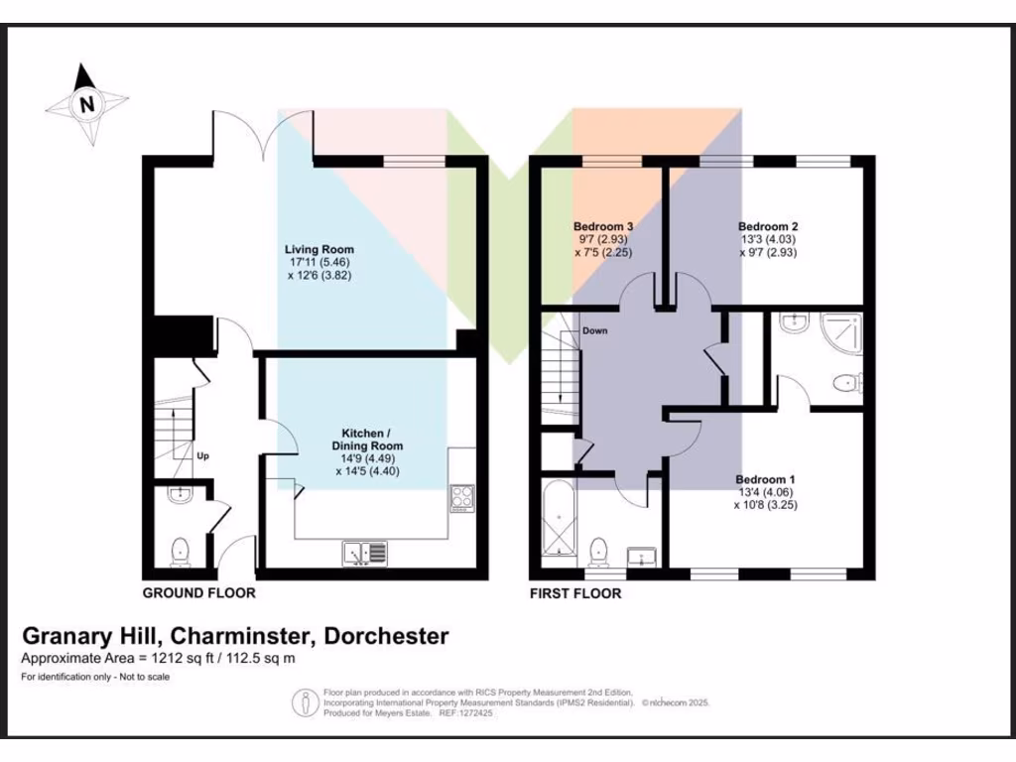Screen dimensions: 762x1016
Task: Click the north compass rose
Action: coord(87,102)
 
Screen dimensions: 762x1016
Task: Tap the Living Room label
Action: coord(318,249)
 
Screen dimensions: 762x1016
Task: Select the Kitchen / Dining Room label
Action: coord(372,441)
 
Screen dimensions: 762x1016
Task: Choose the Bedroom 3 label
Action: coord(603,226)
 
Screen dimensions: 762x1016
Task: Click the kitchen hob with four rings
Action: coord(462,496)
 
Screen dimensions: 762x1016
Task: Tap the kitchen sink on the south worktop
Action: coord(364,552)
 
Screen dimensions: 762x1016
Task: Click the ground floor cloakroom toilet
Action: coord(180,551)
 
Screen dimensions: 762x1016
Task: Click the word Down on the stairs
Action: coord(594,330)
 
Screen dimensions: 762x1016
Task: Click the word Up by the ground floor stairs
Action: coord(202,456)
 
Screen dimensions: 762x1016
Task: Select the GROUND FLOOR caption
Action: coord(198,593)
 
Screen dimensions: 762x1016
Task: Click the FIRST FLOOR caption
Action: coord(575,593)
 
